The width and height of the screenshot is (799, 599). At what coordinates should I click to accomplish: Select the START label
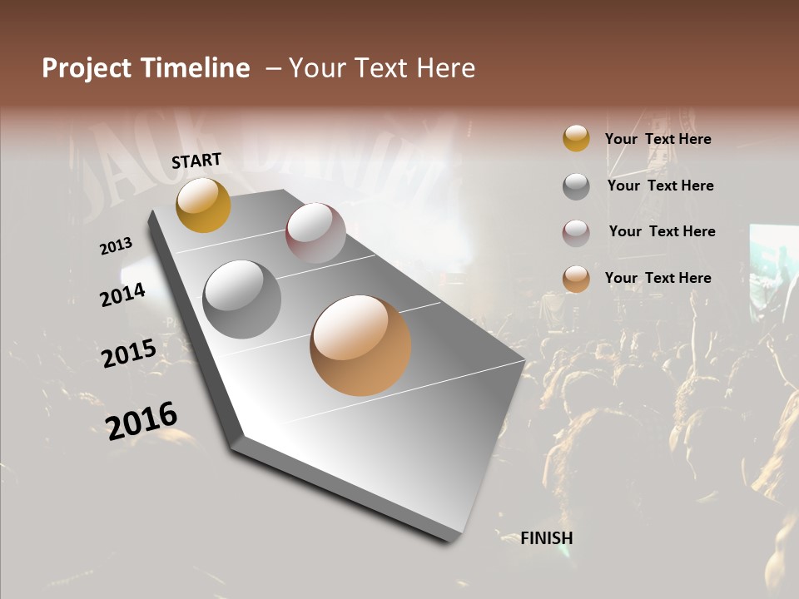(x=196, y=161)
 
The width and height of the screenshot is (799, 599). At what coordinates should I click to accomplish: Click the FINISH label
(x=546, y=538)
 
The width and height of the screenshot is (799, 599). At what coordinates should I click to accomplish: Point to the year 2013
(x=117, y=246)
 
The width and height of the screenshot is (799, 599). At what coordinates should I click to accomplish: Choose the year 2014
(x=123, y=295)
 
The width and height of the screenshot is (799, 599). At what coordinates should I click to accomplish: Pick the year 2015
(x=129, y=354)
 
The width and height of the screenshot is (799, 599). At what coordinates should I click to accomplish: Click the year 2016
(x=141, y=420)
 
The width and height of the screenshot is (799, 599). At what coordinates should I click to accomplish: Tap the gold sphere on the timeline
(x=203, y=205)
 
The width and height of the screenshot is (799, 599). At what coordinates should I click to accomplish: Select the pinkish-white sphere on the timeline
(x=315, y=233)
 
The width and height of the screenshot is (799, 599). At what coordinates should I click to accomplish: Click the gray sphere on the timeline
(x=242, y=299)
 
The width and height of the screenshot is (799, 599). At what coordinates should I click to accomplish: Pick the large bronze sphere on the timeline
(x=360, y=345)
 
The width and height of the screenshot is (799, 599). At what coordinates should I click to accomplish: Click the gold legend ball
(x=576, y=139)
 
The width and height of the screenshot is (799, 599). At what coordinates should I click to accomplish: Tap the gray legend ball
(x=576, y=186)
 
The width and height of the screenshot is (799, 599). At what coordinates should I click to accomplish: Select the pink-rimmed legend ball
(x=576, y=233)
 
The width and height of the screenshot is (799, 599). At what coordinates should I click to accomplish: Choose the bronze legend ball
(x=576, y=279)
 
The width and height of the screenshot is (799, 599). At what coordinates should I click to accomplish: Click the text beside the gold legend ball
(x=658, y=139)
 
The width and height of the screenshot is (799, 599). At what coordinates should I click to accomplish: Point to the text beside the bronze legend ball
(x=658, y=278)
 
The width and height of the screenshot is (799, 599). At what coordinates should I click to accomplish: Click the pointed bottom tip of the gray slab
(x=454, y=539)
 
